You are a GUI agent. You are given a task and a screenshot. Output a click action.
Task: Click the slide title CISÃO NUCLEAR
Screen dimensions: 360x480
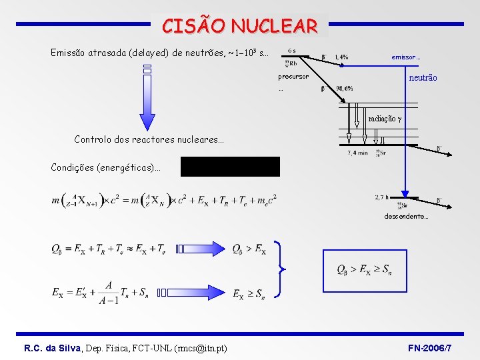coord(240,26)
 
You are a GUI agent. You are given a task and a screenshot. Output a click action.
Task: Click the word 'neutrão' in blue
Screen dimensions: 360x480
coord(423,78)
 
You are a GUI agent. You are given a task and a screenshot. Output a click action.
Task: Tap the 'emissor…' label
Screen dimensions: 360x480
coord(405,57)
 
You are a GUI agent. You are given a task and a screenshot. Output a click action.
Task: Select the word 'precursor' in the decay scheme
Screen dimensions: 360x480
coord(293,77)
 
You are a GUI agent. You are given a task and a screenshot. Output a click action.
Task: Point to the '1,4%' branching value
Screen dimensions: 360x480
coord(341,57)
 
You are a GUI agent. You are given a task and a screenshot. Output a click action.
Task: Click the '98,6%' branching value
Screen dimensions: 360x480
coord(345,89)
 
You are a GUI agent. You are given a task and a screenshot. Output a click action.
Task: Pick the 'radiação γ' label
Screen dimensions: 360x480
coord(385,119)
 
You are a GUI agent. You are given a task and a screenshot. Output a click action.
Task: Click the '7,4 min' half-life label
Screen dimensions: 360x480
coord(357,153)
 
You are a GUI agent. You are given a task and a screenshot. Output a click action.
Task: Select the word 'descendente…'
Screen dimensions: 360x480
coord(406,216)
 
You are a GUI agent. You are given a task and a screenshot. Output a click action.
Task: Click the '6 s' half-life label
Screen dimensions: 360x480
coord(292,50)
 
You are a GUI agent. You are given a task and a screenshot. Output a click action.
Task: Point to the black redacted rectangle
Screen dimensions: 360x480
coord(230,167)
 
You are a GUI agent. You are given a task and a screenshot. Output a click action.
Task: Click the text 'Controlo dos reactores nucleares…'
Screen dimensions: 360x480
coord(149,140)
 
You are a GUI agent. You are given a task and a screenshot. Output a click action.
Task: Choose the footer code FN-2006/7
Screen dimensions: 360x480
coord(429,348)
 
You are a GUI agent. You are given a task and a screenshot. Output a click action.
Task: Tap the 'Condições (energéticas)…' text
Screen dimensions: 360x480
coord(106,167)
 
